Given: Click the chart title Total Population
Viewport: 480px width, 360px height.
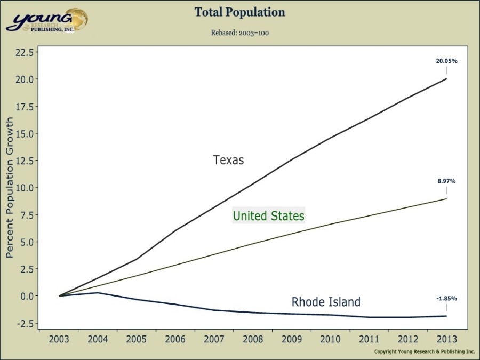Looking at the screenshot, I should point(239,12).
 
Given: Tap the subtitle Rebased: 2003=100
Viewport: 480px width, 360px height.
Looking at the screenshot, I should point(239,33).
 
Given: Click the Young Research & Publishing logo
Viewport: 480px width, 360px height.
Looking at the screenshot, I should point(47,20).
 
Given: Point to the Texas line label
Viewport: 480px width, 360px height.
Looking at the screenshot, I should point(228,160).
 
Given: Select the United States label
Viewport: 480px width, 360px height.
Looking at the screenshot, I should point(268,216).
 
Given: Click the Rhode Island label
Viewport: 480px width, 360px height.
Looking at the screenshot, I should point(326,302).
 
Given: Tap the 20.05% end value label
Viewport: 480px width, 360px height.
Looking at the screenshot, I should point(446,61).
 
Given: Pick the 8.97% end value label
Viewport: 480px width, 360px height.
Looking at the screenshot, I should point(446,181).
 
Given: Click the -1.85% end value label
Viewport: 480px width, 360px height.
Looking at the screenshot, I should point(446,298).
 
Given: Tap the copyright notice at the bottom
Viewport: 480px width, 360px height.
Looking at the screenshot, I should point(424,352).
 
